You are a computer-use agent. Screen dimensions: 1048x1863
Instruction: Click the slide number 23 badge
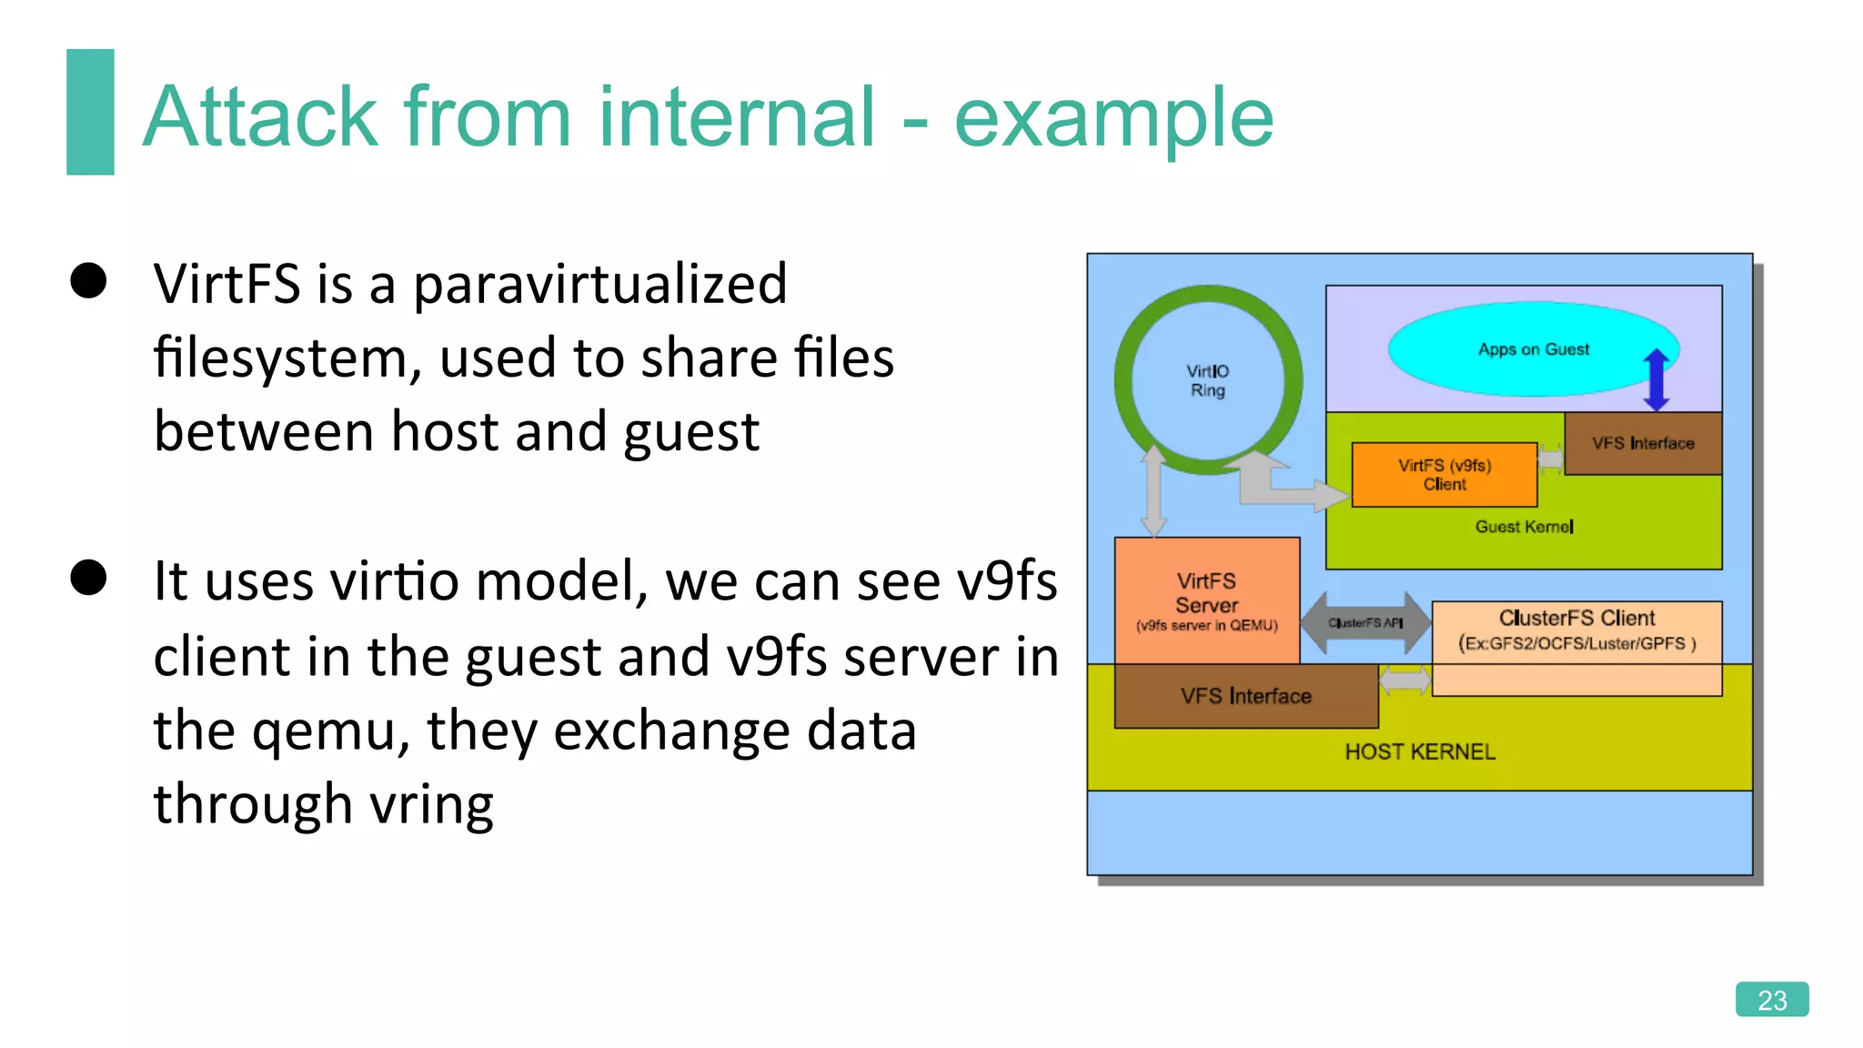pos(1771,999)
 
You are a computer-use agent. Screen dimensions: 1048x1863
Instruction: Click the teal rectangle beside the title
pos(90,112)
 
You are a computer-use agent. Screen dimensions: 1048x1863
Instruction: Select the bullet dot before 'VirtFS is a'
pos(89,280)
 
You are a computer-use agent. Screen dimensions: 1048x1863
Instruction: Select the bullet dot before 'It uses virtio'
pos(89,577)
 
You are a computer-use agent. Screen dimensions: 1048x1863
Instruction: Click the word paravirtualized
pos(599,285)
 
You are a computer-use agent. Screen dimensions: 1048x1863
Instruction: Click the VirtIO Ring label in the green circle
pos(1207,380)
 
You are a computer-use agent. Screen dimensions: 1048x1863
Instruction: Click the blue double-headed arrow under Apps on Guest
pos(1657,379)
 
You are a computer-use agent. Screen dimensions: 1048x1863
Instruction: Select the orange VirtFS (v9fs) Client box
pos(1444,475)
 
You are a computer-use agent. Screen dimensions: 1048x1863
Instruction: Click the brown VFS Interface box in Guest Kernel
pos(1643,443)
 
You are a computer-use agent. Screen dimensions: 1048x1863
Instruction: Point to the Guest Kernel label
pos(1524,527)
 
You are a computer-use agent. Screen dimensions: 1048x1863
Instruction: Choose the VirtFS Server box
pos(1206,600)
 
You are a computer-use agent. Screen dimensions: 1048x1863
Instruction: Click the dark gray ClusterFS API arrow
pos(1365,623)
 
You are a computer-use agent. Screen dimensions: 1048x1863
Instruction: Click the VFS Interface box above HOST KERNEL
pos(1245,696)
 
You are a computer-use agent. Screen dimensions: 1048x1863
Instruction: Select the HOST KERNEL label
pos(1419,751)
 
